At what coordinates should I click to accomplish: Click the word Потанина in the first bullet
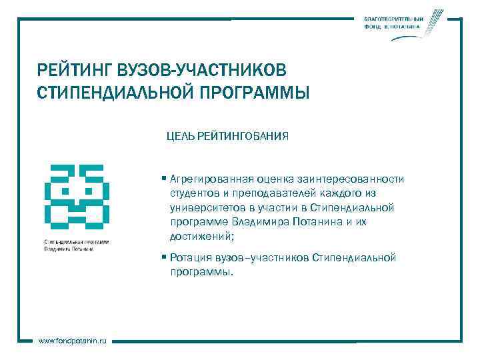click(315, 221)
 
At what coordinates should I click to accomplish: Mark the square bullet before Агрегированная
click(164, 179)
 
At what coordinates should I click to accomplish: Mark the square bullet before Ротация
click(164, 257)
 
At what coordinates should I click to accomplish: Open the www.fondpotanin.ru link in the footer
click(73, 340)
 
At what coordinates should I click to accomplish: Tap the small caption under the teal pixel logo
click(77, 245)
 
